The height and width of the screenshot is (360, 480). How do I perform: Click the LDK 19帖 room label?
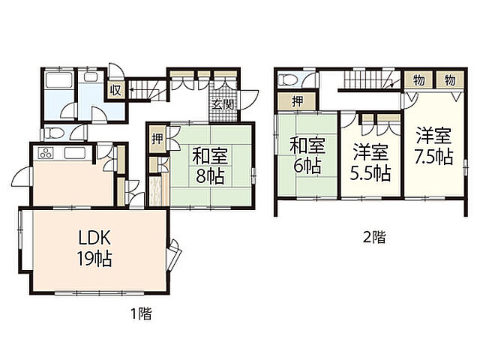(94, 248)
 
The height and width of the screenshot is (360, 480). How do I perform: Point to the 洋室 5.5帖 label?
(370, 163)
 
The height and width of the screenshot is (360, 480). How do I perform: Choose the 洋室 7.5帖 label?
(433, 146)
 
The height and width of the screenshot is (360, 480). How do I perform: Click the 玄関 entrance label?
(223, 105)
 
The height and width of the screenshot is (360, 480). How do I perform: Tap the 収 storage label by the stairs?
(115, 90)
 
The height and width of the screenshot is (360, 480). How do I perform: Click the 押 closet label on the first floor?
(157, 139)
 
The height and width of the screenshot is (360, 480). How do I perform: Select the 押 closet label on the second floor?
(297, 102)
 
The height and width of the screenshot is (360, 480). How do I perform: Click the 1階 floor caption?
(141, 313)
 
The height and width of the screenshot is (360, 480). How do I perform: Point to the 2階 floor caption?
(375, 237)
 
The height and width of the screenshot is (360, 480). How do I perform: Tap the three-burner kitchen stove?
(46, 153)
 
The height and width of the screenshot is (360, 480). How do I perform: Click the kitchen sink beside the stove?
(75, 153)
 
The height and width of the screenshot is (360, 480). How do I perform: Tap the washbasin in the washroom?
(91, 77)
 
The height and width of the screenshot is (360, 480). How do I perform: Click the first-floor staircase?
(146, 90)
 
